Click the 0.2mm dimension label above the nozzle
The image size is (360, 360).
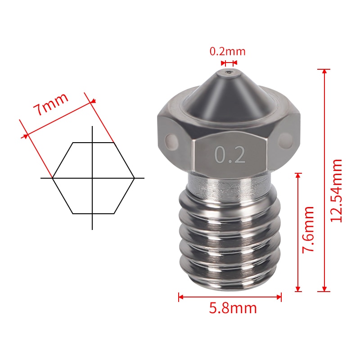click(x=227, y=51)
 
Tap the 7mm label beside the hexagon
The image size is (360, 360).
click(x=51, y=104)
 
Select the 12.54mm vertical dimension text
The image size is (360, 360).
click(x=336, y=190)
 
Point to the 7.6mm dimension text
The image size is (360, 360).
click(x=308, y=229)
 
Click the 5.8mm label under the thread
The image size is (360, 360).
click(x=233, y=308)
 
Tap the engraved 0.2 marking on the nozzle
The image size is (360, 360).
click(x=230, y=155)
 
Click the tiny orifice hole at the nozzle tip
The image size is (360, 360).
click(x=229, y=72)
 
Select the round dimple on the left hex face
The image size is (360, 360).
click(x=171, y=140)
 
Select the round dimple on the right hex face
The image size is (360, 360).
click(x=285, y=139)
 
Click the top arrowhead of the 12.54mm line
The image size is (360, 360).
click(x=324, y=71)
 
